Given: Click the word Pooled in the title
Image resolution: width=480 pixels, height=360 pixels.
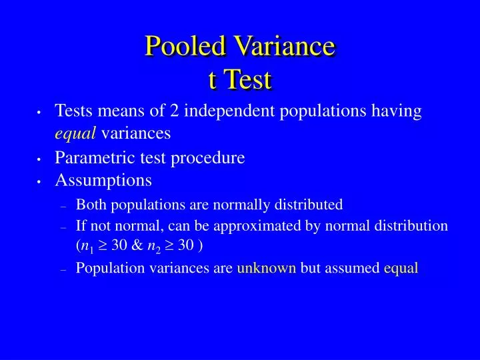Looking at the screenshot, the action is [185, 45].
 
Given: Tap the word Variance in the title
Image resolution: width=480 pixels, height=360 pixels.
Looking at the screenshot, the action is [285, 45].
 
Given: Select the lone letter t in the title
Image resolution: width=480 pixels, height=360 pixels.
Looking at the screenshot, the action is [213, 79].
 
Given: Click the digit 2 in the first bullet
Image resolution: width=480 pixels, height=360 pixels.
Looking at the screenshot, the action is [174, 110].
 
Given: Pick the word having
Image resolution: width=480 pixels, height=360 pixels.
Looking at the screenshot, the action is [397, 111].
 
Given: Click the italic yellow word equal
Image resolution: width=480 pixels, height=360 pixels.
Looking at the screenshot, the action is [75, 133].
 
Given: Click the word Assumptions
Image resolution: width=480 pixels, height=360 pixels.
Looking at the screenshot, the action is [103, 181].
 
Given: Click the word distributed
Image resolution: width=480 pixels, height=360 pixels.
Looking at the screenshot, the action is [309, 204].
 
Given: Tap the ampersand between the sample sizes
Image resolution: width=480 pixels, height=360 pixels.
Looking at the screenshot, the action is [137, 245].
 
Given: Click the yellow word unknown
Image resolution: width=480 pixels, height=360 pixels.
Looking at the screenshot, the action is [267, 268].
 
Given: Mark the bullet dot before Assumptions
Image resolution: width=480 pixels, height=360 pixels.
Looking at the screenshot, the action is [39, 181].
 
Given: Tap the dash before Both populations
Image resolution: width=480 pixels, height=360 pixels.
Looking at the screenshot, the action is [64, 207].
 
